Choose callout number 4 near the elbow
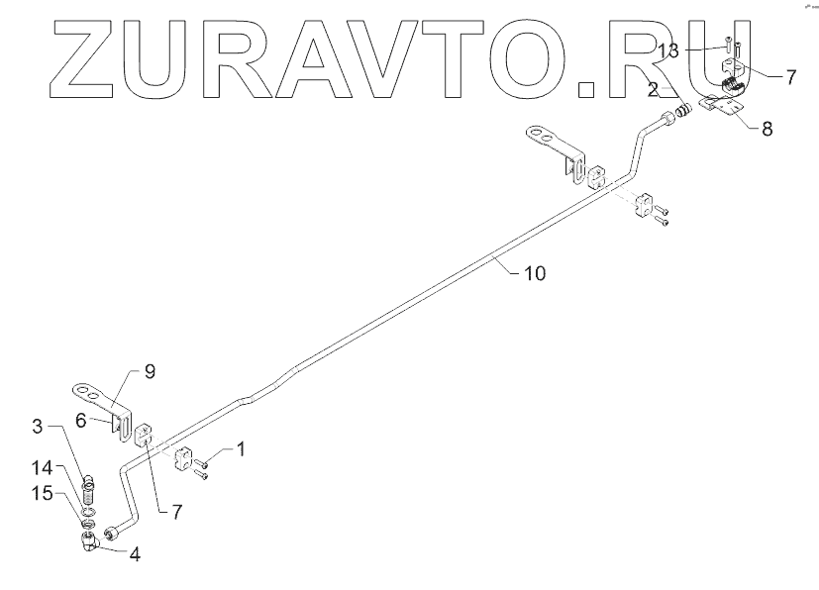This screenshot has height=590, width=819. pos(133,553)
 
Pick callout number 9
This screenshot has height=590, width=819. pos(151,372)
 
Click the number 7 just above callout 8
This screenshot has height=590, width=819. pos(790,77)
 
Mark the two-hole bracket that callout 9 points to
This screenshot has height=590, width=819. pos(96,394)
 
